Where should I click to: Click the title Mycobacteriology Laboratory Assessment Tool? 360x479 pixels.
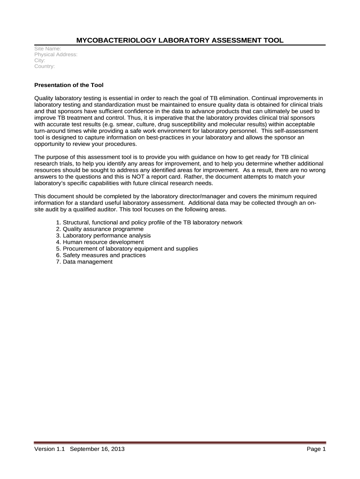click(x=180, y=40)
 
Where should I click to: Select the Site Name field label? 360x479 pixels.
click(x=49, y=49)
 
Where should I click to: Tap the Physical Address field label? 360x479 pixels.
click(x=56, y=55)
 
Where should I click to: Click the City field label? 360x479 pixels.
click(x=40, y=61)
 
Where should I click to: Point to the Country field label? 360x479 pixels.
click(x=45, y=66)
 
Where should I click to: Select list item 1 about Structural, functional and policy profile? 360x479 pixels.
click(x=149, y=222)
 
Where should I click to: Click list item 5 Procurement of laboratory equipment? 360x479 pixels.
click(x=127, y=249)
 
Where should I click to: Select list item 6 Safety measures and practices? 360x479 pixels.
click(x=101, y=255)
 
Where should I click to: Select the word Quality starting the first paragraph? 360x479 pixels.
click(x=45, y=99)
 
